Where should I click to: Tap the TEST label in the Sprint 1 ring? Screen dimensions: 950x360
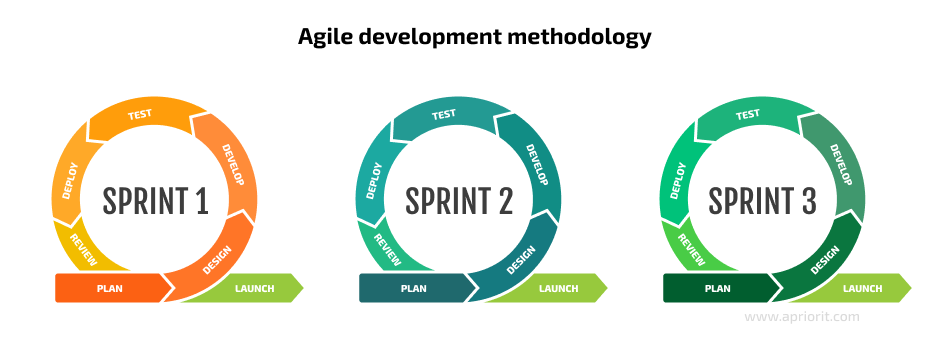tap(140, 114)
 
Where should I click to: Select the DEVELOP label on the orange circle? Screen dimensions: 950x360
tap(233, 165)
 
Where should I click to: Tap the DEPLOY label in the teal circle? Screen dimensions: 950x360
tap(374, 181)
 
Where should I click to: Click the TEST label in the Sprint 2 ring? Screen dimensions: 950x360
tap(444, 114)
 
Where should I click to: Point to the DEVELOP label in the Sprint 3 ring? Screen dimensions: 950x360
tap(841, 165)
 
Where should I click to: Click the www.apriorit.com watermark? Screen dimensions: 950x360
tap(802, 317)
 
